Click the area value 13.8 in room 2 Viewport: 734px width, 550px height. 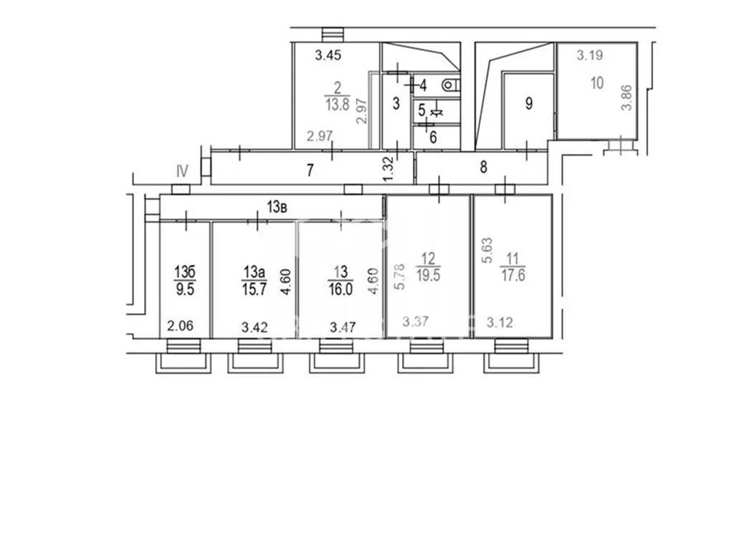pyautogui.click(x=338, y=104)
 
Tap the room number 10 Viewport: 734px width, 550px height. pyautogui.click(x=597, y=83)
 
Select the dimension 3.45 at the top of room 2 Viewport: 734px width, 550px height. pyautogui.click(x=328, y=55)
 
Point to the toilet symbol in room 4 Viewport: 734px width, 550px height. pyautogui.click(x=449, y=85)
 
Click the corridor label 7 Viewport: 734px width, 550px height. pyautogui.click(x=310, y=170)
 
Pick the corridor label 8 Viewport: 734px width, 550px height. pyautogui.click(x=483, y=166)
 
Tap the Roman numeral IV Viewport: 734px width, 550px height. pyautogui.click(x=182, y=171)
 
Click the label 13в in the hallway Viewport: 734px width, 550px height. pyautogui.click(x=277, y=207)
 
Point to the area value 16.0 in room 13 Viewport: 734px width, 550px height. pyautogui.click(x=340, y=289)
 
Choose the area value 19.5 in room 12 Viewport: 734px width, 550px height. pyautogui.click(x=428, y=275)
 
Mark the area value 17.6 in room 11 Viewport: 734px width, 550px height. pyautogui.click(x=513, y=275)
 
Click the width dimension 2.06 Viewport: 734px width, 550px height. pyautogui.click(x=180, y=326)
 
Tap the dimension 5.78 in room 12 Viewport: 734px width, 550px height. pyautogui.click(x=399, y=276)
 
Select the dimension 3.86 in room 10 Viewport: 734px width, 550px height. pyautogui.click(x=626, y=97)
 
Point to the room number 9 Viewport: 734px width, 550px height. pyautogui.click(x=529, y=103)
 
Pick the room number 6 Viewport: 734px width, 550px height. pyautogui.click(x=433, y=137)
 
